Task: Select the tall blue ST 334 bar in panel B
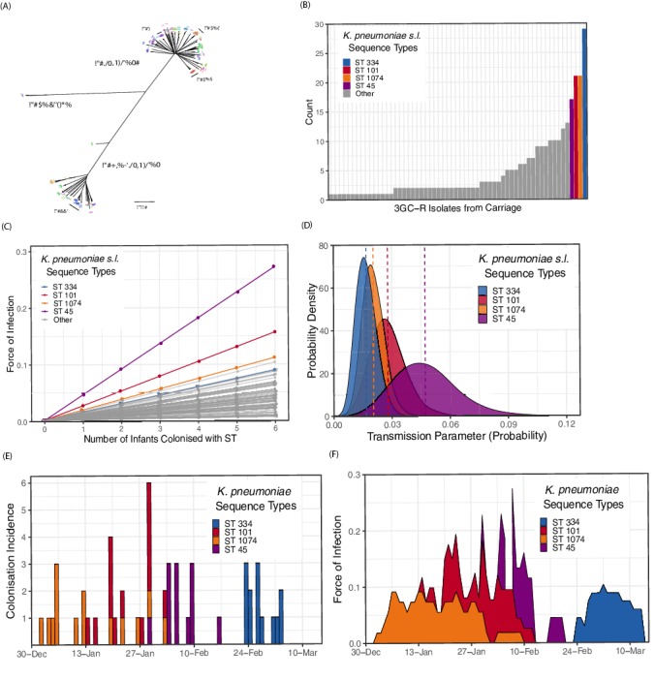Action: [583, 114]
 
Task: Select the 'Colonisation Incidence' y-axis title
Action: [13, 555]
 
